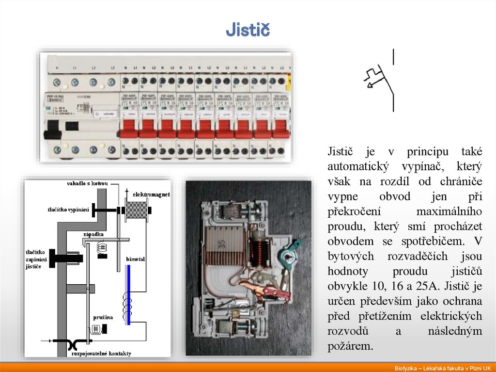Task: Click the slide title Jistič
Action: point(248,31)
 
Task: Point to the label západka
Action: point(93,234)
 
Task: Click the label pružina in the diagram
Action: point(103,317)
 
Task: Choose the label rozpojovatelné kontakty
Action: point(101,354)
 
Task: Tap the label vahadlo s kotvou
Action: point(87,183)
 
